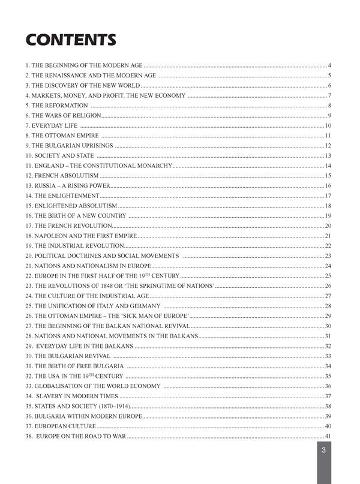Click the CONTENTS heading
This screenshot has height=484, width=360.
coord(70,40)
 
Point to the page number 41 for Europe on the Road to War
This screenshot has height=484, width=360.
coord(328,436)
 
